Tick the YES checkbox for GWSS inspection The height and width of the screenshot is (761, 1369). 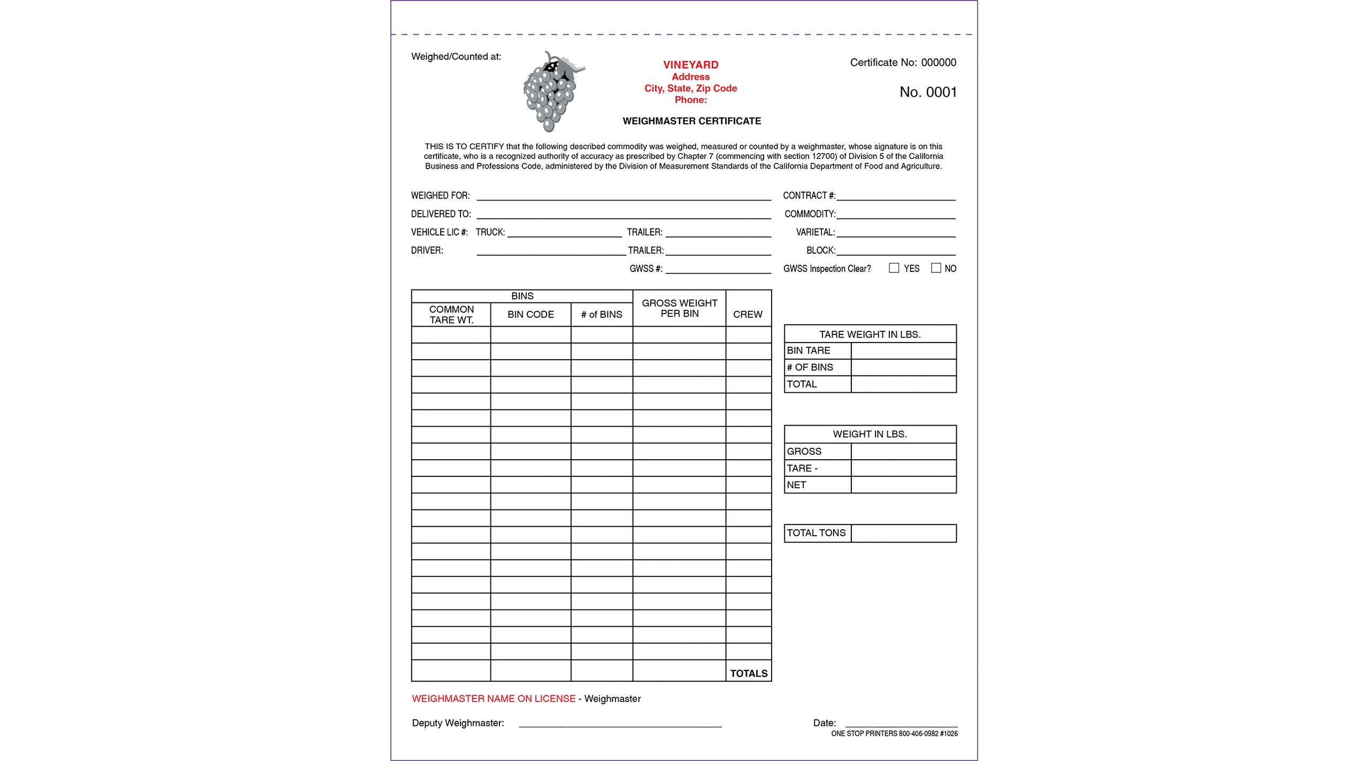(894, 268)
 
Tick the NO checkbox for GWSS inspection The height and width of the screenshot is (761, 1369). (936, 268)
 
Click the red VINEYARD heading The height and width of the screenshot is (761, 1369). (690, 65)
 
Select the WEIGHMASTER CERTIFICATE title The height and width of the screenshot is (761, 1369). (691, 121)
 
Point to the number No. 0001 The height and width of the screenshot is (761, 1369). (928, 92)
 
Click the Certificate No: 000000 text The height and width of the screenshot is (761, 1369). (903, 63)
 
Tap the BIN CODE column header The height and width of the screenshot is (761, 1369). (530, 315)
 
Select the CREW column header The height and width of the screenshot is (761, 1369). (748, 315)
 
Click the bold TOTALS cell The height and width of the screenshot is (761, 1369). (749, 673)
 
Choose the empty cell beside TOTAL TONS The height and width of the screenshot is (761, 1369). (903, 533)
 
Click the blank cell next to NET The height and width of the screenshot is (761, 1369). (903, 485)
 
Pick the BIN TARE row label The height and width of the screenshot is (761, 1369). (809, 351)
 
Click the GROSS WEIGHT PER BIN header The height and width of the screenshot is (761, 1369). (679, 308)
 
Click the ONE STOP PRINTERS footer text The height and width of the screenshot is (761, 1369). (894, 734)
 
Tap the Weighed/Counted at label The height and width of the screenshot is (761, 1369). (456, 57)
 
